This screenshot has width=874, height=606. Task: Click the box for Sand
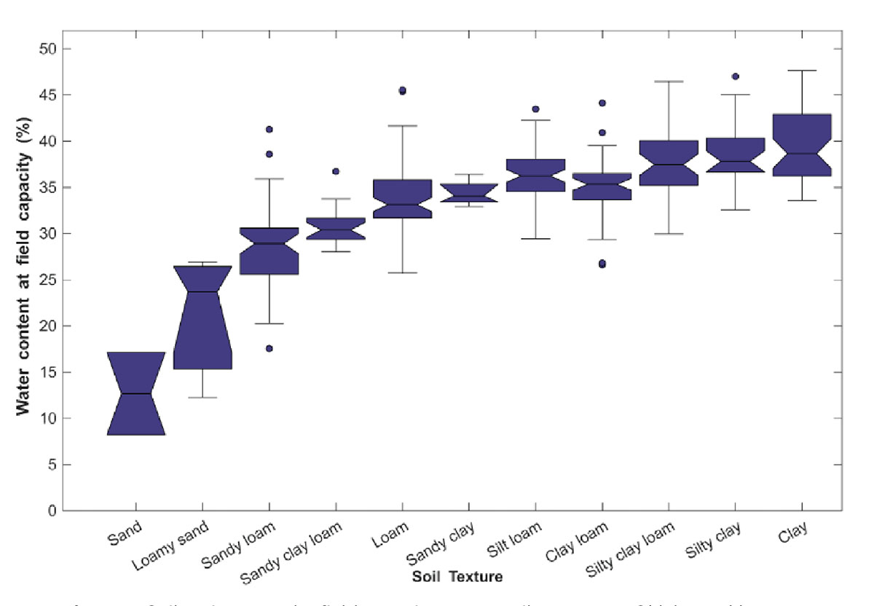[135, 393]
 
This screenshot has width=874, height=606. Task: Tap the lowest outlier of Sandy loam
[269, 348]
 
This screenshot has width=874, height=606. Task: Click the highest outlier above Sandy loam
[269, 129]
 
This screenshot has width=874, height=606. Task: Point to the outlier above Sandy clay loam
[336, 171]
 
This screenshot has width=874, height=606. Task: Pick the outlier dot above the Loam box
[402, 91]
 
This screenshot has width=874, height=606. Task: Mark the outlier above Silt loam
[535, 109]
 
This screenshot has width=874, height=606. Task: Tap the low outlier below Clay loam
[602, 264]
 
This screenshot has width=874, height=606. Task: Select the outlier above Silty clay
[735, 76]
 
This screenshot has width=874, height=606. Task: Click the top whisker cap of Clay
[801, 71]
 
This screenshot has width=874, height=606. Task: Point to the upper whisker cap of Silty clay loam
[669, 82]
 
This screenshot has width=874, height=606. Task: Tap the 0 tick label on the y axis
[51, 511]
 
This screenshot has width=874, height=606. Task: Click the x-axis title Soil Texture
[456, 577]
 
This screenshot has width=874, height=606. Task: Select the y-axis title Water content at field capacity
[23, 279]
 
